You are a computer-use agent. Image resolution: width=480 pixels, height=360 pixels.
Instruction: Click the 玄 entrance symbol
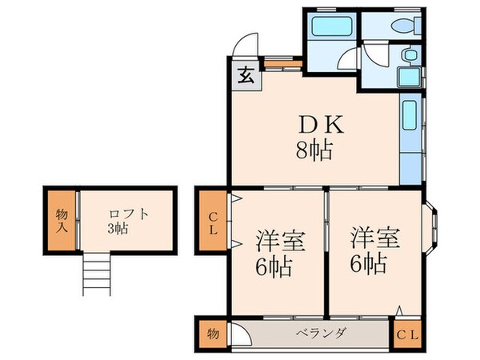(x=246, y=77)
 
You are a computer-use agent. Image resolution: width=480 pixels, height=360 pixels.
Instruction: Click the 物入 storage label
(x=61, y=220)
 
